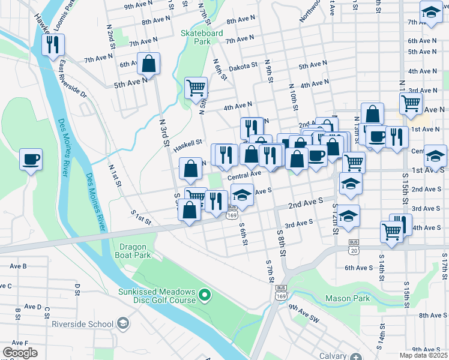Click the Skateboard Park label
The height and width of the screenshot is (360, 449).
click(x=203, y=37)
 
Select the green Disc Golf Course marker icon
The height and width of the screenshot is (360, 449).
click(x=205, y=295)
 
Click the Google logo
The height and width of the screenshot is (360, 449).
click(x=20, y=352)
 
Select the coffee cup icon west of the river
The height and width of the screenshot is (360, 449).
click(x=31, y=160)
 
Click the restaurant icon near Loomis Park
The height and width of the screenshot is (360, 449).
click(x=52, y=44)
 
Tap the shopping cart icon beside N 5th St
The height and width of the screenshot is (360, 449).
click(x=196, y=88)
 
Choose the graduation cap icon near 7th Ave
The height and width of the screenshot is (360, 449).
click(x=430, y=13)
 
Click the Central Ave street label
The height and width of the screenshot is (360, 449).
click(x=244, y=175)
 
